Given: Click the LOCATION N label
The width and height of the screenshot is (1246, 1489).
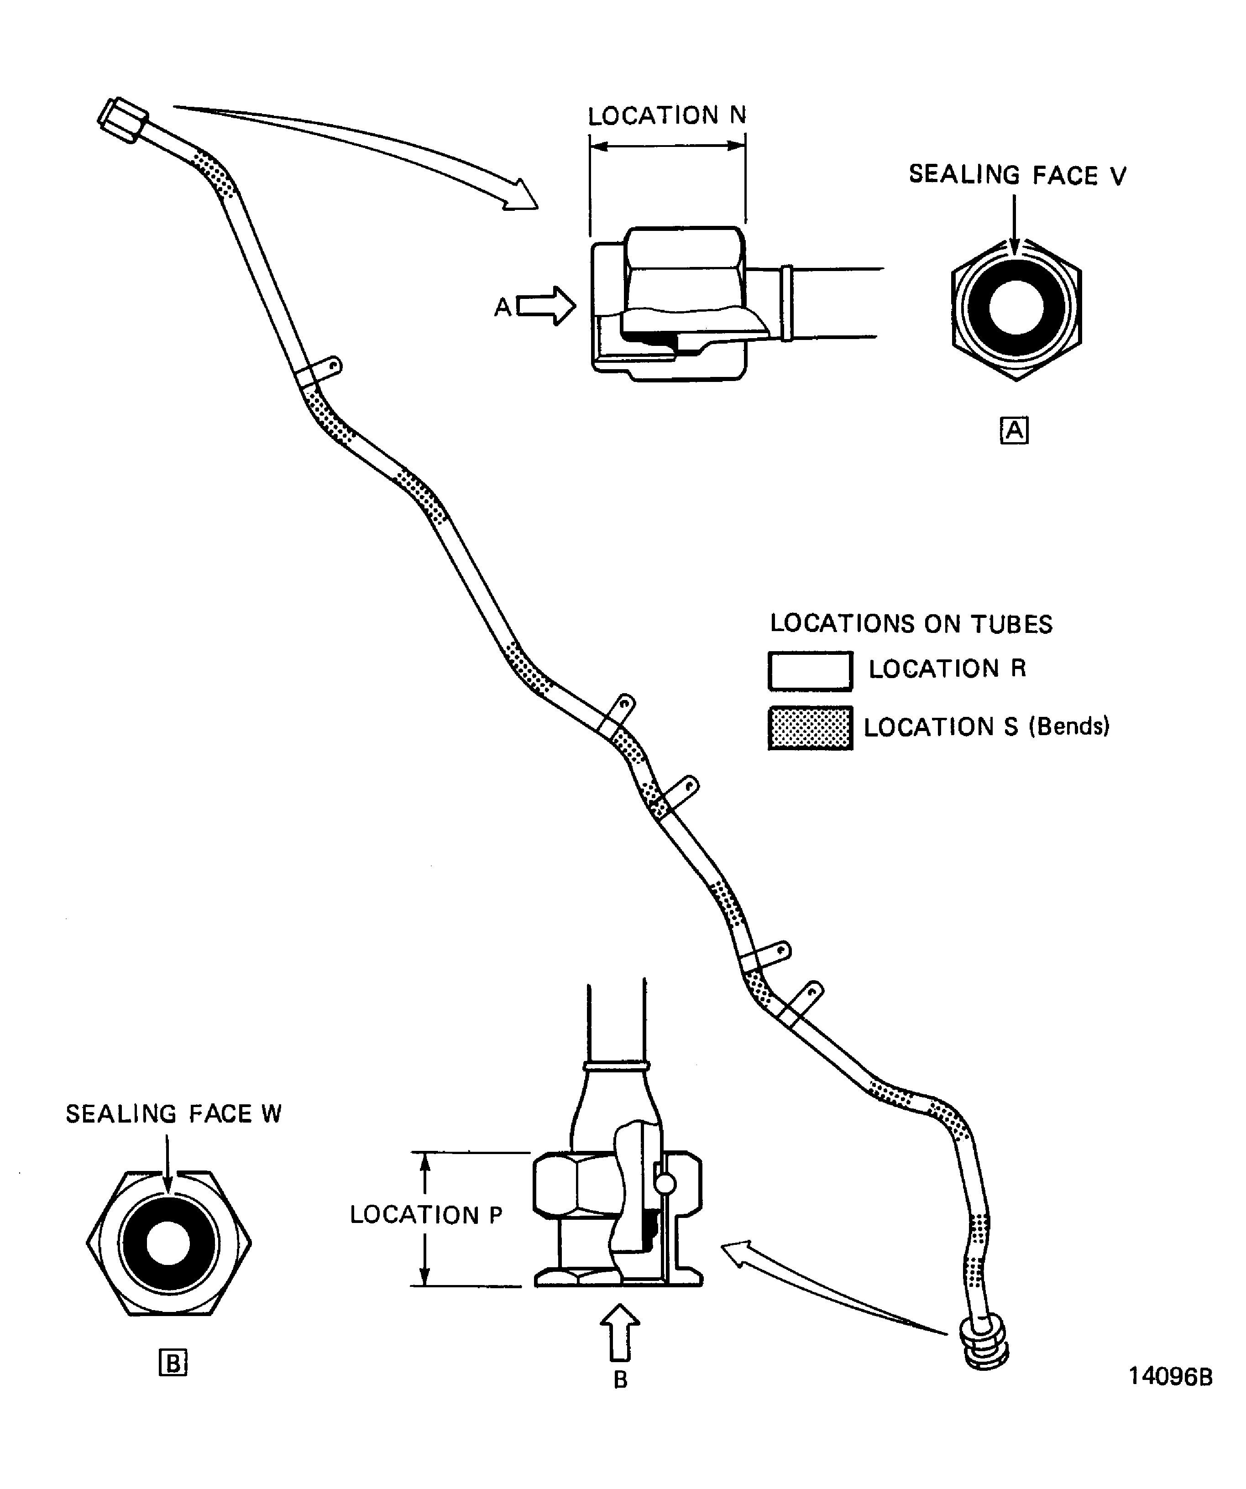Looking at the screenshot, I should [x=667, y=115].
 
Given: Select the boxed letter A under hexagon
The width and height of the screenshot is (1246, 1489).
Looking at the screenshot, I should [x=1014, y=430].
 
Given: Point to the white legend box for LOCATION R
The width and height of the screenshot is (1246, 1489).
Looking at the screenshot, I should [x=810, y=671].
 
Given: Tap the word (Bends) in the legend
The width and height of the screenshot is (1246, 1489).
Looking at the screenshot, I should [x=1069, y=727].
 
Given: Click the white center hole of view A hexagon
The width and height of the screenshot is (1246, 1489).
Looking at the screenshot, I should [x=1016, y=309].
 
